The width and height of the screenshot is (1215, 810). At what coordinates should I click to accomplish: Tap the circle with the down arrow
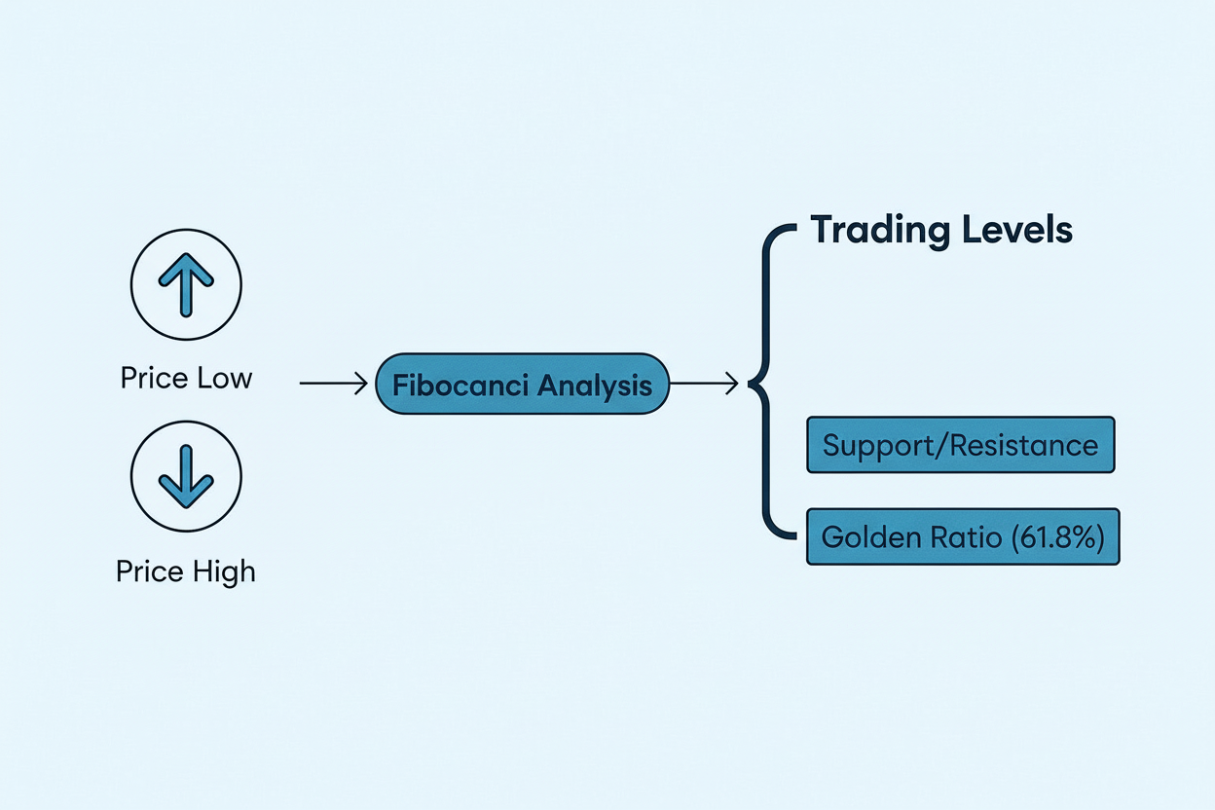point(186,477)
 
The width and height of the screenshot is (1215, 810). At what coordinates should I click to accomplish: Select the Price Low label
point(186,378)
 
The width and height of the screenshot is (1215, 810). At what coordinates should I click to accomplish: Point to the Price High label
point(186,571)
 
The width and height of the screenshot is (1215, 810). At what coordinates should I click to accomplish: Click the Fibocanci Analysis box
point(523,385)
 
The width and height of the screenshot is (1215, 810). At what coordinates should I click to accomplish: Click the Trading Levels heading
point(941,231)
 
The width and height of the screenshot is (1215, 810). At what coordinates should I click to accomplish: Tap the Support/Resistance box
point(960,446)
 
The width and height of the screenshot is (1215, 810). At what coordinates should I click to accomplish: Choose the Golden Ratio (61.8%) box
point(963,536)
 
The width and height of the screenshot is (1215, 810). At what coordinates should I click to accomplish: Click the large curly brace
point(769,385)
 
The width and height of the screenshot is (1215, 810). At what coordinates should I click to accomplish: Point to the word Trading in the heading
point(880,232)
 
